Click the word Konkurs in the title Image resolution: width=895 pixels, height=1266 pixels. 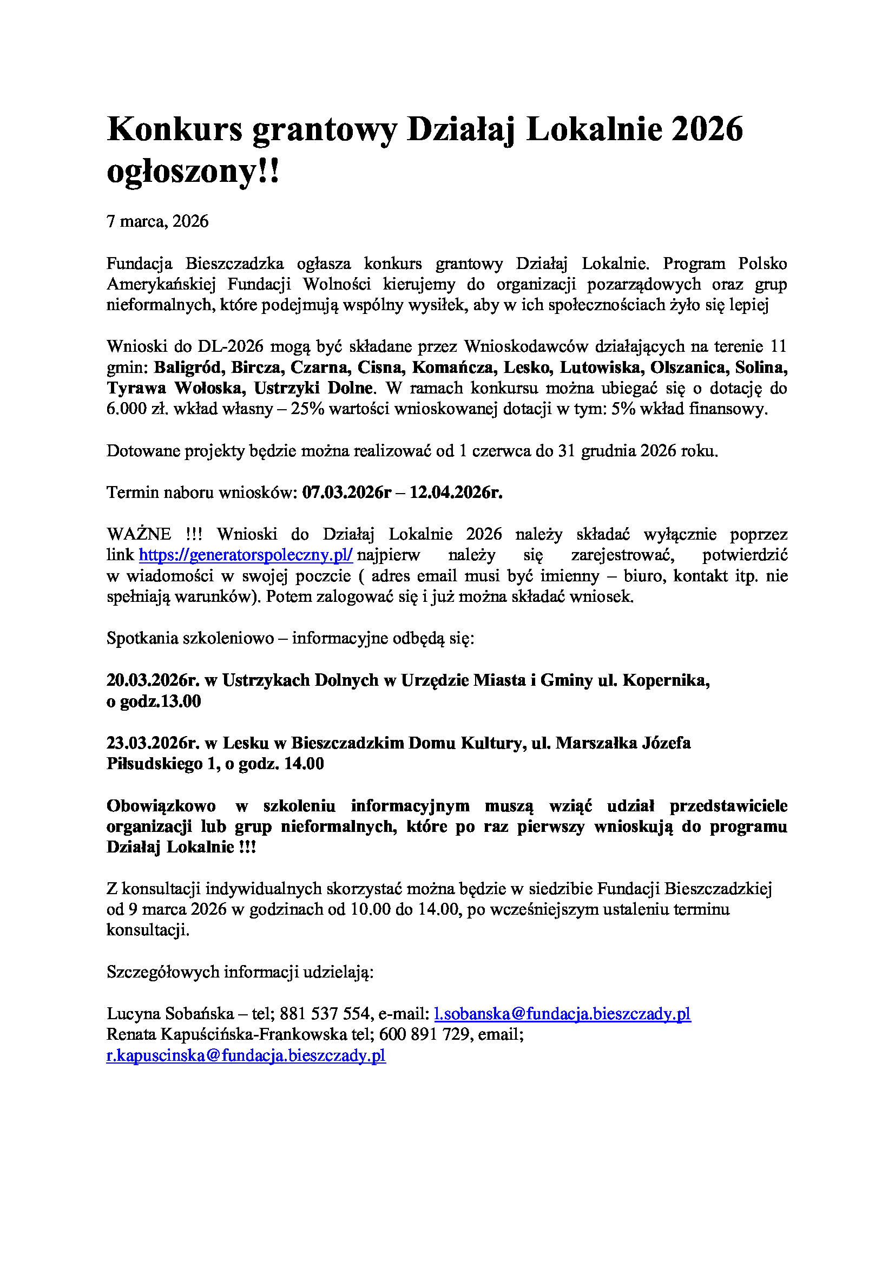coord(174,129)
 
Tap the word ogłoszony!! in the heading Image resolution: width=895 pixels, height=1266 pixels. coord(193,172)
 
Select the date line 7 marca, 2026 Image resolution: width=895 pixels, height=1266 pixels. coord(157,222)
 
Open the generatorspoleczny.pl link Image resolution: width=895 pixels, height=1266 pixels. coord(245,555)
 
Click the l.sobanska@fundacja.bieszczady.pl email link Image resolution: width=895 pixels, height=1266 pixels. coord(562,1014)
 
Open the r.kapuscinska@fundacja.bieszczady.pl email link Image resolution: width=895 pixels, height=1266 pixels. coord(246,1056)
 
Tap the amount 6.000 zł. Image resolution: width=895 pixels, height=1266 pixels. coord(137,409)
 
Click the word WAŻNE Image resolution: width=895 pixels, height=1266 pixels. coord(139,534)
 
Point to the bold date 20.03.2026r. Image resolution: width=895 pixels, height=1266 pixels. coord(153,680)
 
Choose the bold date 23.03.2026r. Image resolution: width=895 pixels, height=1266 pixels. coord(153,743)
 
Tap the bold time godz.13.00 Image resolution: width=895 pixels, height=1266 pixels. coord(160,701)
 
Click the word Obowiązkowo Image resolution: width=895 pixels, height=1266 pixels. coord(161,806)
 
